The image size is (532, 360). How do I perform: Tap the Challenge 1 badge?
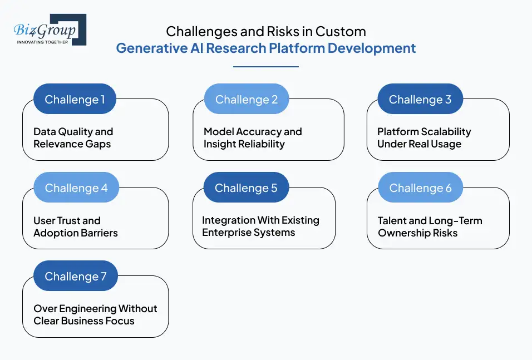click(75, 100)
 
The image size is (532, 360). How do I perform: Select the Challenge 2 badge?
click(247, 100)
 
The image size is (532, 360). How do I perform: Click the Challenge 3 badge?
click(420, 100)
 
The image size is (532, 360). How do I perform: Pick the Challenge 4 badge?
click(76, 188)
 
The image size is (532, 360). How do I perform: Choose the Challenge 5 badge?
click(246, 188)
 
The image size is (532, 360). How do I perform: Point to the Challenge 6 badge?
click(420, 188)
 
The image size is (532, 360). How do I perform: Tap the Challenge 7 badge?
click(75, 277)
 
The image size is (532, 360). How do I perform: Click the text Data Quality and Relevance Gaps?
click(73, 138)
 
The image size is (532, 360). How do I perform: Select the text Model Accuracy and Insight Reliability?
click(253, 138)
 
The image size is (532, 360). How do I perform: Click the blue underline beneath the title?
click(266, 67)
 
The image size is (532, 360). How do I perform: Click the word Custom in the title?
click(344, 31)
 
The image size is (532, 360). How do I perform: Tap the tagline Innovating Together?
click(43, 42)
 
